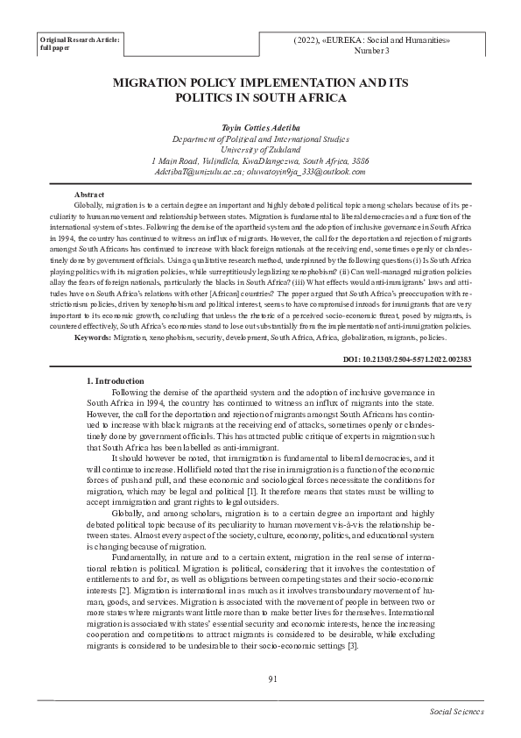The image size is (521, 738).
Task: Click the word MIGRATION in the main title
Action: coord(156,82)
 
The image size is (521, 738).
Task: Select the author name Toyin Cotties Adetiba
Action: coord(260,129)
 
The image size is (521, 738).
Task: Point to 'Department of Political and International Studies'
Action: coord(260,140)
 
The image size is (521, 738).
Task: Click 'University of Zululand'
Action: coord(260,151)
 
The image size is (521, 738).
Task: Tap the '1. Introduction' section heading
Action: coord(122,381)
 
